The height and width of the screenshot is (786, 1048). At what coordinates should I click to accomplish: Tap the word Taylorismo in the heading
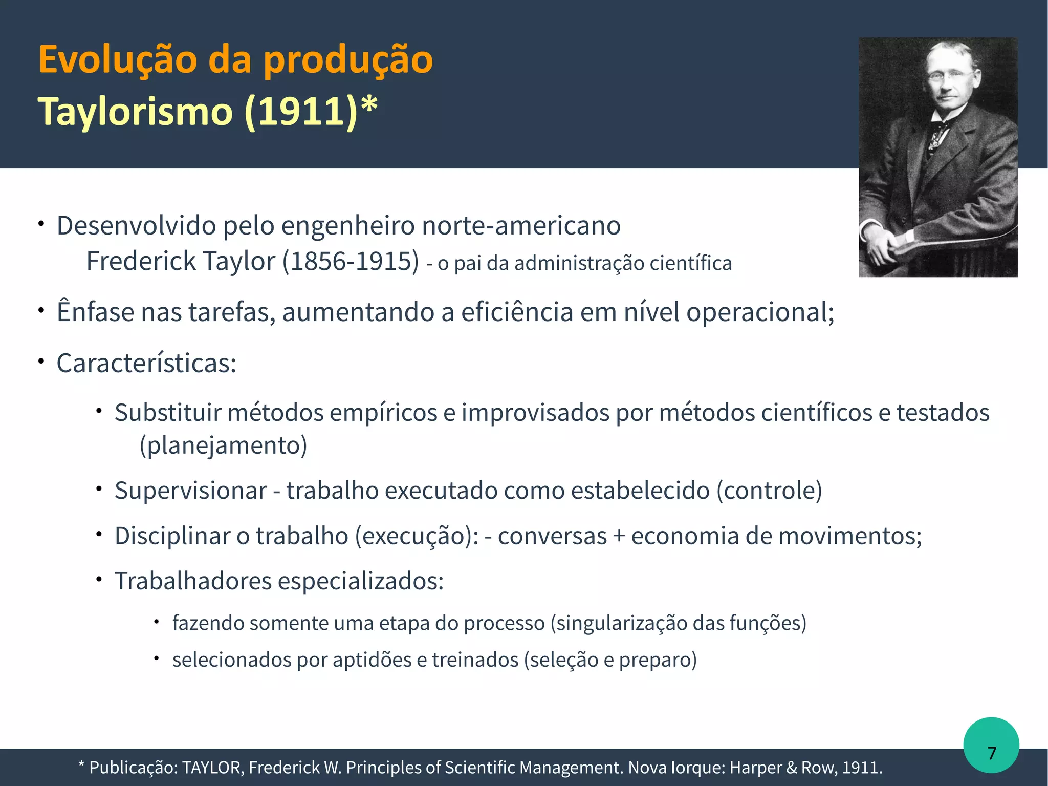(x=135, y=111)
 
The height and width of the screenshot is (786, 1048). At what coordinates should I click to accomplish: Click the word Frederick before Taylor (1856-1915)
(x=141, y=261)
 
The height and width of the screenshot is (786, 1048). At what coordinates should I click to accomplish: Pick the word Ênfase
(x=95, y=312)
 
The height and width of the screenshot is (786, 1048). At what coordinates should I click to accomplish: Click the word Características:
(x=146, y=364)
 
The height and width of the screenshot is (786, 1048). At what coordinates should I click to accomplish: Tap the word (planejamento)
(x=223, y=445)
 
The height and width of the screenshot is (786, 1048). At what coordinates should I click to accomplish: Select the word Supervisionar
(x=191, y=491)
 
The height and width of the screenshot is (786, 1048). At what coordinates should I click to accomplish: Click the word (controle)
(x=769, y=491)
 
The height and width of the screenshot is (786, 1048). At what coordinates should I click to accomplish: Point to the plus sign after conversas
(x=619, y=536)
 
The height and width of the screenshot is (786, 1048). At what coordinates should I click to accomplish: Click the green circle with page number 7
(x=991, y=746)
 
